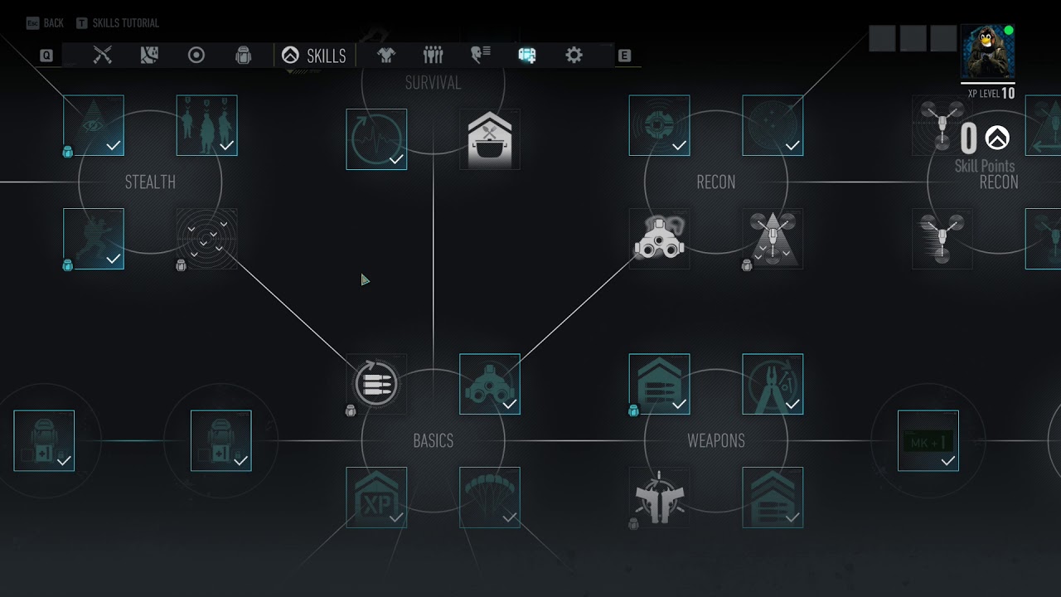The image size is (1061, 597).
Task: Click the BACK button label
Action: coord(53,23)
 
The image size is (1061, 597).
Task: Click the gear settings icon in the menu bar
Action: coord(574,56)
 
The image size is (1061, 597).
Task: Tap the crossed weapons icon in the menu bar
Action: coord(102,56)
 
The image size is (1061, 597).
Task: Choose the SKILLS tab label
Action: coord(326,56)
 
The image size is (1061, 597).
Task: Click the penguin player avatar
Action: coord(987,51)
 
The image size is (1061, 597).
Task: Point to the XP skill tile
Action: coord(376,498)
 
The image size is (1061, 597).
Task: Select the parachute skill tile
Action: coord(490,498)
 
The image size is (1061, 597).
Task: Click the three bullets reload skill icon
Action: coord(376,384)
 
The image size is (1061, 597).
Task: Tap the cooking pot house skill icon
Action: coord(490,139)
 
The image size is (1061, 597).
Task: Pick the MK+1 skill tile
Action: coord(928,440)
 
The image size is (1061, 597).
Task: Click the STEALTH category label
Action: coord(150,182)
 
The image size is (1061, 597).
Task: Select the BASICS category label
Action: coord(433,440)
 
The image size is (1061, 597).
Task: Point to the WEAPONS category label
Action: coord(715,440)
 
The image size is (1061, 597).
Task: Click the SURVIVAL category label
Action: coord(433,82)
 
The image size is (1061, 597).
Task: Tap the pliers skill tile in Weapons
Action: coord(773,384)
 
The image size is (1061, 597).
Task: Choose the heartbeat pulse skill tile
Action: coord(376,139)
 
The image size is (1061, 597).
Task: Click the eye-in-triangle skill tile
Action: coord(94,125)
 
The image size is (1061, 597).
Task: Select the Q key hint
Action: coord(46,56)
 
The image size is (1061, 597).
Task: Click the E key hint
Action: coord(624,56)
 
